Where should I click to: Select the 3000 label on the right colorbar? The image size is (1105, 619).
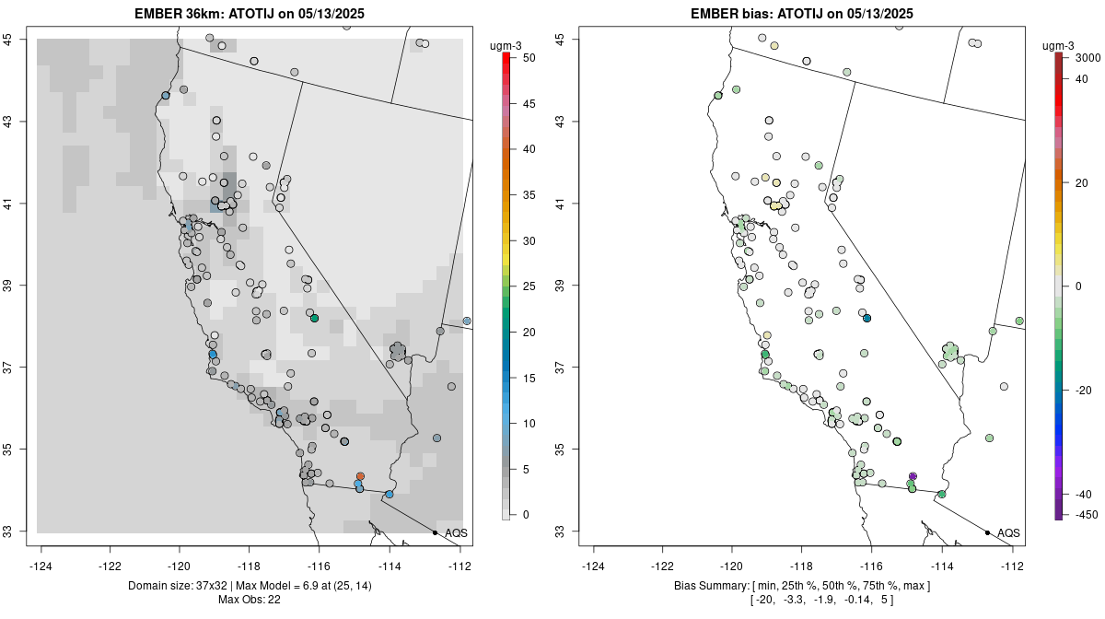pos(1088,57)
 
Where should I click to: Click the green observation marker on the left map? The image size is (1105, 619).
pos(314,319)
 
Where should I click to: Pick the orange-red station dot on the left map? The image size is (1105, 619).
pos(360,476)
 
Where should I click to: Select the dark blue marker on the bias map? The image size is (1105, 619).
pos(867,318)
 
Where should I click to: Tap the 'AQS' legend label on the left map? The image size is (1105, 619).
pos(455,532)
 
